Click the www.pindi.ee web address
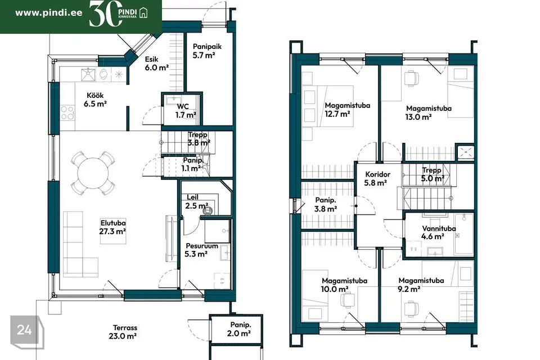tap(49, 13)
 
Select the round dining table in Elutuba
tap(93, 173)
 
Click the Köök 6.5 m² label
tap(95, 99)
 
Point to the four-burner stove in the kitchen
tap(67, 113)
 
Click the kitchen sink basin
tap(88, 74)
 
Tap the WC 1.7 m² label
tap(185, 111)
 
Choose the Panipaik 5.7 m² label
tap(206, 51)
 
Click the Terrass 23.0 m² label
tap(123, 332)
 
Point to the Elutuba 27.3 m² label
tap(112, 227)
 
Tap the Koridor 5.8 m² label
tap(377, 178)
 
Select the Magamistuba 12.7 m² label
tap(347, 110)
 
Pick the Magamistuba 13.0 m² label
tap(428, 112)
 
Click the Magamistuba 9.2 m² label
tap(421, 285)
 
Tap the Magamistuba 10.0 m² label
tap(344, 285)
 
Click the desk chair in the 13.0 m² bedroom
tap(411, 78)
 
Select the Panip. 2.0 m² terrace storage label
tap(240, 329)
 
